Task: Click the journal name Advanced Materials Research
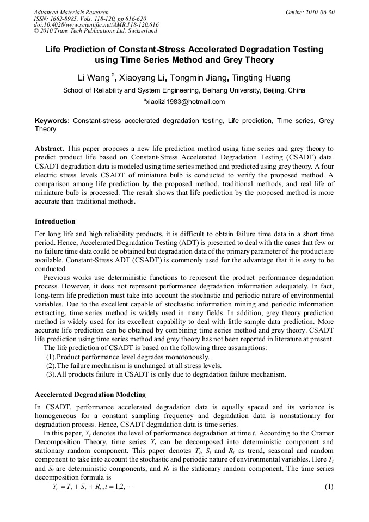point(71,12)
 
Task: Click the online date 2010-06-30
point(322,12)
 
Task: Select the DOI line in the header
point(96,25)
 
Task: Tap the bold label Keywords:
point(52,120)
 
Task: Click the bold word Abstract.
point(50,149)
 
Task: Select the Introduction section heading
point(55,222)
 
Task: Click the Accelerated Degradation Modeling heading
point(90,394)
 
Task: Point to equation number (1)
point(329,486)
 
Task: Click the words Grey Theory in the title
point(248,60)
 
